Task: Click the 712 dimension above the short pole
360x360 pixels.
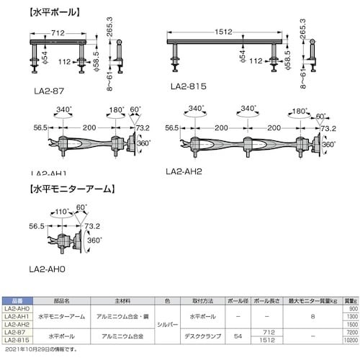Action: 60,32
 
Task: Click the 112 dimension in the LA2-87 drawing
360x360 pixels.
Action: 64,61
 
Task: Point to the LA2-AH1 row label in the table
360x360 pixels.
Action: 15,317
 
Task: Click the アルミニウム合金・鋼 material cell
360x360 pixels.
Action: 118,317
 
